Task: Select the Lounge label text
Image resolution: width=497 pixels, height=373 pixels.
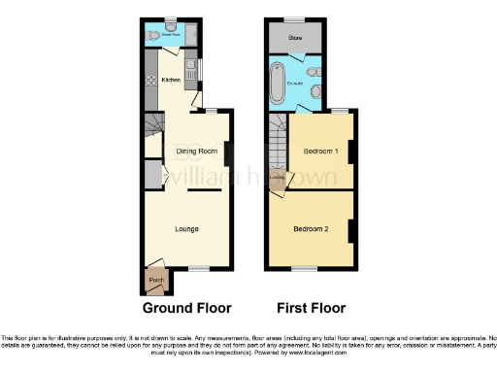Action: [187, 229]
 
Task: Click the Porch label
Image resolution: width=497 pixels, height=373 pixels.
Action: [155, 283]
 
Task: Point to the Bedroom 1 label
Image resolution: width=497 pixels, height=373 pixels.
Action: [319, 153]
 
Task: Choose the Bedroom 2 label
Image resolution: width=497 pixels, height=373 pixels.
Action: [313, 229]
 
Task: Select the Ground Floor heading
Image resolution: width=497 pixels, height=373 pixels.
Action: [187, 309]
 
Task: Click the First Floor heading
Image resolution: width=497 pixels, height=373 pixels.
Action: [312, 309]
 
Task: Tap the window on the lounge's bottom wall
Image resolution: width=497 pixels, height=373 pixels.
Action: [199, 268]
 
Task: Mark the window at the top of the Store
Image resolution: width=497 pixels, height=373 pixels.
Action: [292, 19]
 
